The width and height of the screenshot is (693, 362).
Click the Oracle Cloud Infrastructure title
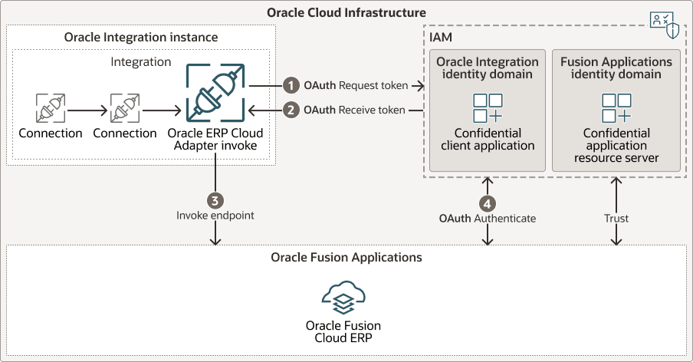click(346, 12)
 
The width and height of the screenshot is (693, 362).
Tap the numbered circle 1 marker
click(291, 85)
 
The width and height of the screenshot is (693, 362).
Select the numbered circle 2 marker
click(291, 110)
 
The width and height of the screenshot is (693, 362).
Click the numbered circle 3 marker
click(215, 200)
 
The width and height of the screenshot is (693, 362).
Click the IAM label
click(440, 37)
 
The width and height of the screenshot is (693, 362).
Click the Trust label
click(616, 218)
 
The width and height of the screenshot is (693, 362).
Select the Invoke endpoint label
click(215, 216)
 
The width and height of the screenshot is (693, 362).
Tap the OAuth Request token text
click(356, 85)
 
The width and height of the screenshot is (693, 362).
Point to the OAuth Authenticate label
click(487, 218)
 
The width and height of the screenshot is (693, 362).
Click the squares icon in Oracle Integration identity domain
click(487, 108)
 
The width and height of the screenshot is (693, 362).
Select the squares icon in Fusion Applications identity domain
click(616, 108)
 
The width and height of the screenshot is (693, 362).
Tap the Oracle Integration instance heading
click(141, 37)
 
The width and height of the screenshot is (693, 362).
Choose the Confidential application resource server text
click(616, 145)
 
